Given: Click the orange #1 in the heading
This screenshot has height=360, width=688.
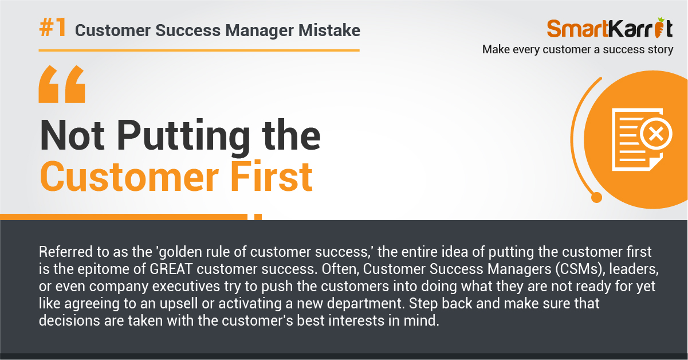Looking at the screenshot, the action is (x=53, y=28).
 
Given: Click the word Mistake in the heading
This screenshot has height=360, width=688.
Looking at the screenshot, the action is (x=329, y=30).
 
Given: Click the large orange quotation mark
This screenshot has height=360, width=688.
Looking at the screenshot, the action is (x=62, y=84).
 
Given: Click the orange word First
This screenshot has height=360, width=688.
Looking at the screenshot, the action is (x=272, y=177).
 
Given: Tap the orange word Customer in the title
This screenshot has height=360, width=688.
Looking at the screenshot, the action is (x=129, y=177).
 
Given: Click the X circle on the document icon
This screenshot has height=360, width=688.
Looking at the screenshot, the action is (x=656, y=134).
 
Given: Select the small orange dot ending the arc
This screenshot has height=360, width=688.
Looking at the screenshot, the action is (x=596, y=197).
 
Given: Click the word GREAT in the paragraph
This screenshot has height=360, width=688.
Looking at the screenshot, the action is (x=171, y=269).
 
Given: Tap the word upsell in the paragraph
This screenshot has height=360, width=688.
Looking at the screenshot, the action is (x=179, y=303).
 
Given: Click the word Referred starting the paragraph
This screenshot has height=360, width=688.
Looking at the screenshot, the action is (x=66, y=252).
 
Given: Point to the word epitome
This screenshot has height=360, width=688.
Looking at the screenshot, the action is (x=104, y=269).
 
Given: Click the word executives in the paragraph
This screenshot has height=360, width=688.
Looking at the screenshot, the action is (x=186, y=286).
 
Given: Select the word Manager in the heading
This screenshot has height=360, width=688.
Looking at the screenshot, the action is (x=260, y=31).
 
